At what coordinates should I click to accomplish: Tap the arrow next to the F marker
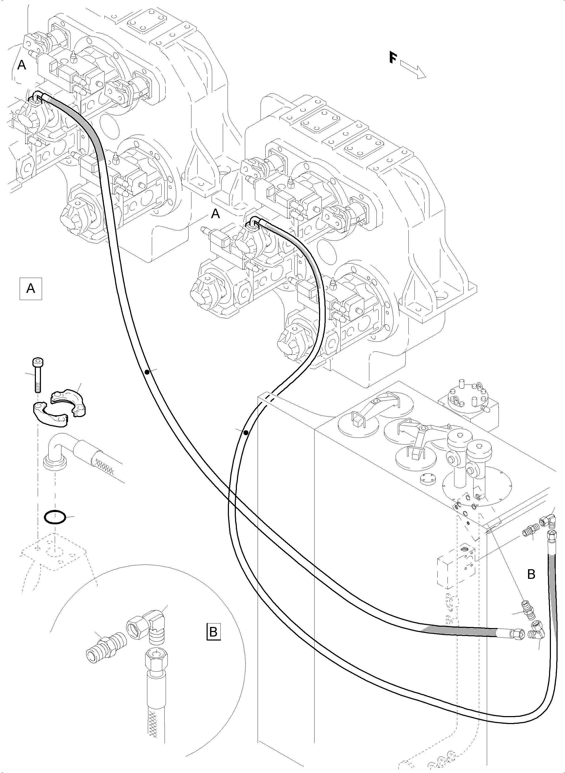413,70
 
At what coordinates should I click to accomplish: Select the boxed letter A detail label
31,288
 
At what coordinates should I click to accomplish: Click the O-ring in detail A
55,517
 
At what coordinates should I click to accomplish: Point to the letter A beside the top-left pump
22,65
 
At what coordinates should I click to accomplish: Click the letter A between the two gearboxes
215,214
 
